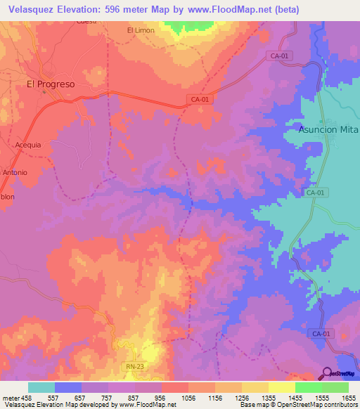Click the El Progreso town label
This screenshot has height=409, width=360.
(x=50, y=83)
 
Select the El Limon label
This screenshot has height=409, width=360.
(x=140, y=30)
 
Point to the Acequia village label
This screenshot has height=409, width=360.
(x=29, y=145)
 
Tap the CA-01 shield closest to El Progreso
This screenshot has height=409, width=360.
(x=199, y=100)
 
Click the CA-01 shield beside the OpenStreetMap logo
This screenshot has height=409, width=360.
(x=321, y=334)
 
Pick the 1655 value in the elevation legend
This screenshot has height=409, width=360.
(x=348, y=397)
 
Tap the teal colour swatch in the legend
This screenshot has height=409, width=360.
(x=41, y=387)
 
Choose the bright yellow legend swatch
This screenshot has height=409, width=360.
(x=282, y=387)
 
